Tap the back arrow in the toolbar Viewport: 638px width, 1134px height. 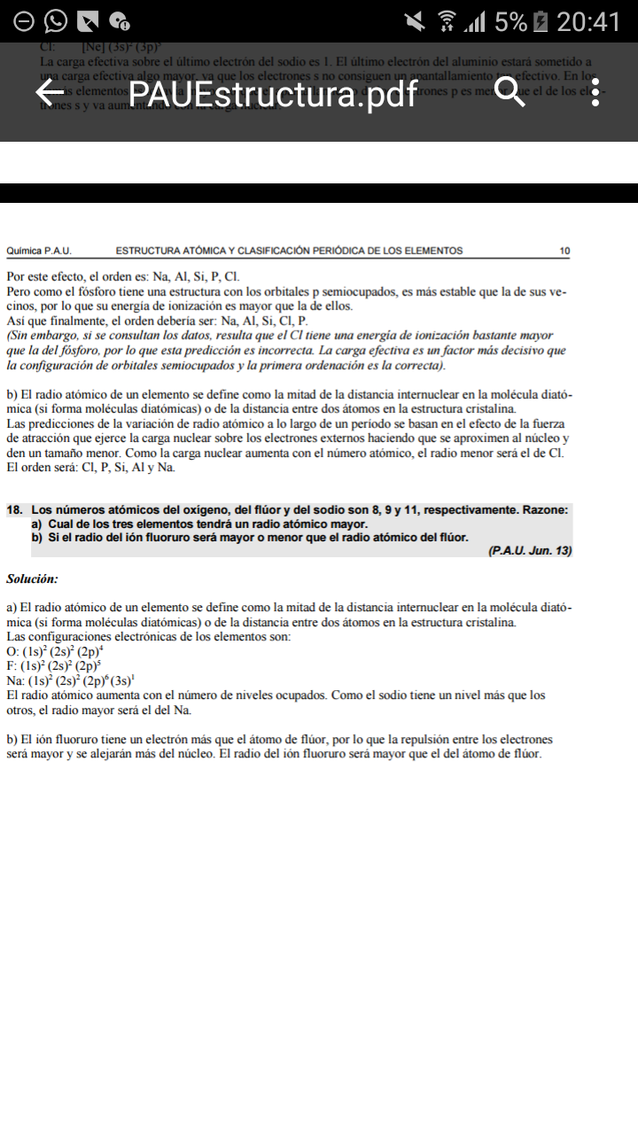click(x=50, y=92)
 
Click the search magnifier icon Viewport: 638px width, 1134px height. click(x=510, y=92)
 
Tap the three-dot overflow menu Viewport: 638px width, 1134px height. click(x=595, y=92)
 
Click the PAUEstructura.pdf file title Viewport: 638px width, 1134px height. click(x=273, y=93)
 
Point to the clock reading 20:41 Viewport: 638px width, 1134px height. click(x=588, y=21)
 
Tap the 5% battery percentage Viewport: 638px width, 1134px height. click(x=511, y=21)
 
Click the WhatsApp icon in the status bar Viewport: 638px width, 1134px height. click(x=55, y=21)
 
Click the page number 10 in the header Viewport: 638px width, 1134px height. click(x=565, y=251)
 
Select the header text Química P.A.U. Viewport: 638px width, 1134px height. click(x=39, y=251)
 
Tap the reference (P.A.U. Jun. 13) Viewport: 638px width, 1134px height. click(x=529, y=551)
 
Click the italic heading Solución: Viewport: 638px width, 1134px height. click(x=32, y=579)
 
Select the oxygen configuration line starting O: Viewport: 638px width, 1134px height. click(x=52, y=651)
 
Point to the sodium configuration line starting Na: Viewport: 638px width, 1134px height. click(x=70, y=680)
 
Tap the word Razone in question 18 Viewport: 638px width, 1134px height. click(x=545, y=510)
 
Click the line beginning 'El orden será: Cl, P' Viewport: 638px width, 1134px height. click(x=90, y=467)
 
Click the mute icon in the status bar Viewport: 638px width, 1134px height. click(x=415, y=21)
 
